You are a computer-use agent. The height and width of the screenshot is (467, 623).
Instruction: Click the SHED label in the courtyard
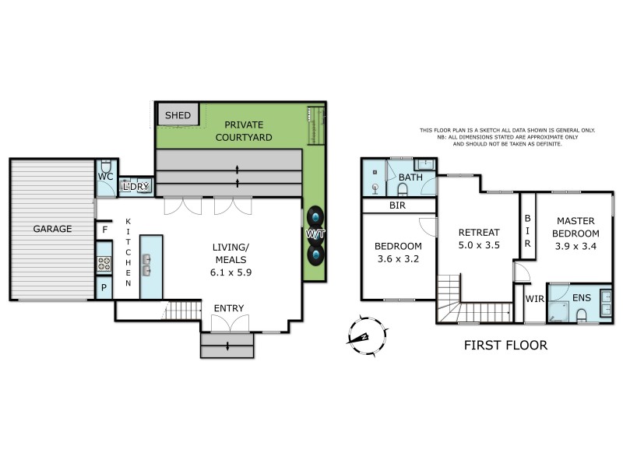178,116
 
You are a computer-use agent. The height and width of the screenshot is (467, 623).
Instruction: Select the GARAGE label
52,229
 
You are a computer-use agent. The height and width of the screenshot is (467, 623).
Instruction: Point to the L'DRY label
136,187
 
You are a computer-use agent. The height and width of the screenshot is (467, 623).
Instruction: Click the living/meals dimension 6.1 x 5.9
231,272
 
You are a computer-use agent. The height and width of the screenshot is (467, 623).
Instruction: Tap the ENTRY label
228,309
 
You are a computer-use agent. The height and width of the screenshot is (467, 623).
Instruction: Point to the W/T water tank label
315,233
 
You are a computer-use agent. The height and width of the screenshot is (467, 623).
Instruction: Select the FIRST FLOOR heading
505,346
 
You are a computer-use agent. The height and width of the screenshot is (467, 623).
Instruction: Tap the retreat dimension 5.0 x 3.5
479,245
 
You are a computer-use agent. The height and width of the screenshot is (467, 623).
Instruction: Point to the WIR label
534,298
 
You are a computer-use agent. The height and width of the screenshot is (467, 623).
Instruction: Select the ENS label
582,297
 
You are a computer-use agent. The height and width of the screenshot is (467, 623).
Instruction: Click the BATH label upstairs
410,177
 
